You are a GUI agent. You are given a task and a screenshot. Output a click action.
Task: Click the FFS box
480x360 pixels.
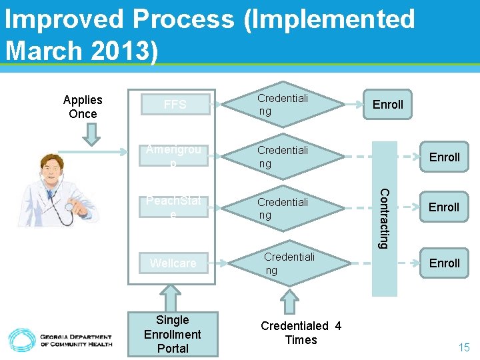175,105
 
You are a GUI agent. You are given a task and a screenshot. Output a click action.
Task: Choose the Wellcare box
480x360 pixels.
173,263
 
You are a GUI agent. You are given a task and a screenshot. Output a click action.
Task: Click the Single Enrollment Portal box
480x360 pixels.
173,334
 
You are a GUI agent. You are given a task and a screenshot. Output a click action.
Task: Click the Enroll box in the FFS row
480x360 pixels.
387,105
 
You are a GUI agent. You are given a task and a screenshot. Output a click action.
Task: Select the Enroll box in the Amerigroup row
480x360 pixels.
444,157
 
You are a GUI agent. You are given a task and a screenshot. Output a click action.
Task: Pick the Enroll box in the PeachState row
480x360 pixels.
444,207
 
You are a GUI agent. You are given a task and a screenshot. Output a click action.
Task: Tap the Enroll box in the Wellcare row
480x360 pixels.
444,263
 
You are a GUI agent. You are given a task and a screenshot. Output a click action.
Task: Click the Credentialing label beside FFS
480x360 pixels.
283,105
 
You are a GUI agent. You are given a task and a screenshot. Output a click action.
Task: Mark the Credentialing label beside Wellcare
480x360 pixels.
289,263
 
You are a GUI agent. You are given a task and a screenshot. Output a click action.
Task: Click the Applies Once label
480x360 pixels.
83,107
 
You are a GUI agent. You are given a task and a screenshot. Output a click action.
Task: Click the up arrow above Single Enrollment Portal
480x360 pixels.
172,297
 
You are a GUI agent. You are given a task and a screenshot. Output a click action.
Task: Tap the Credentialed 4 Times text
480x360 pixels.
301,333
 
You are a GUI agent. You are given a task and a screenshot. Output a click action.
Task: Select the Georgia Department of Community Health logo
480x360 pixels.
60,340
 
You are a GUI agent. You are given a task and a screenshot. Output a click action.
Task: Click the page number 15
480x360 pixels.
463,347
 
